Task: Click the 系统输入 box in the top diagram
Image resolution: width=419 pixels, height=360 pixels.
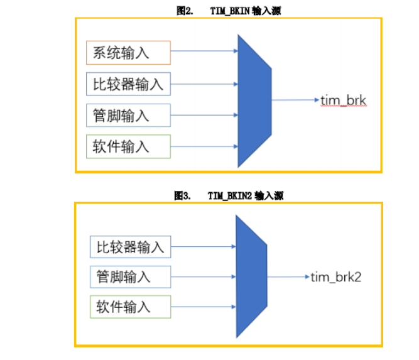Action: click(128, 53)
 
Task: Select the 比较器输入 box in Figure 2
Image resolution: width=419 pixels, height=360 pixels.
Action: click(128, 84)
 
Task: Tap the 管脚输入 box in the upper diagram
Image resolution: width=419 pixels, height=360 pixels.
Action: click(128, 115)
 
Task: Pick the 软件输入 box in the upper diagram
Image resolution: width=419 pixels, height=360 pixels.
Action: click(128, 146)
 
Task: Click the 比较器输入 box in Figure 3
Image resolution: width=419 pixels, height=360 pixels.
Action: click(131, 247)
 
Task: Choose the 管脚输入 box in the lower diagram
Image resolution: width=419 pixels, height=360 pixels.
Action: click(131, 277)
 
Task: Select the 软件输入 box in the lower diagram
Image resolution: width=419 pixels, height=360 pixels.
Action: click(131, 307)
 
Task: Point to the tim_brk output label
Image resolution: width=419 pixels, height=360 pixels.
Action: click(344, 101)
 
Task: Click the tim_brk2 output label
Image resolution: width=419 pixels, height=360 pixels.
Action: click(336, 277)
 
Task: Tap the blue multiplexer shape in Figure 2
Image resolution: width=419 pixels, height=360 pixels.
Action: click(254, 101)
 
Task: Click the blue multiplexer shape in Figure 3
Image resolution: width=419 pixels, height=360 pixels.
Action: click(251, 276)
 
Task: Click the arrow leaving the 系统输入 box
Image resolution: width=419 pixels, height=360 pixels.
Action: click(204, 51)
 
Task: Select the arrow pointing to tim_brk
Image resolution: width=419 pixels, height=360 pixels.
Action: click(295, 100)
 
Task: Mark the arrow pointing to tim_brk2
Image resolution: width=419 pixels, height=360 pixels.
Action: click(288, 276)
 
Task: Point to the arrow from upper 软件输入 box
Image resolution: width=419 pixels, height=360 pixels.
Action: click(204, 146)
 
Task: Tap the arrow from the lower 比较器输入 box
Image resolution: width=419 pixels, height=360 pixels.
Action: click(204, 246)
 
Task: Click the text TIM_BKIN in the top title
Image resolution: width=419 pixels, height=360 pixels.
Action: click(230, 11)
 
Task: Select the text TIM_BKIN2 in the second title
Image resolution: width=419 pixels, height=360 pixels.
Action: click(230, 196)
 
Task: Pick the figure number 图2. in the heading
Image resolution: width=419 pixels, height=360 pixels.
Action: click(185, 11)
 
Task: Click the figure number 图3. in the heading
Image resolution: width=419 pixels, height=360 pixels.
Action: click(182, 195)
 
